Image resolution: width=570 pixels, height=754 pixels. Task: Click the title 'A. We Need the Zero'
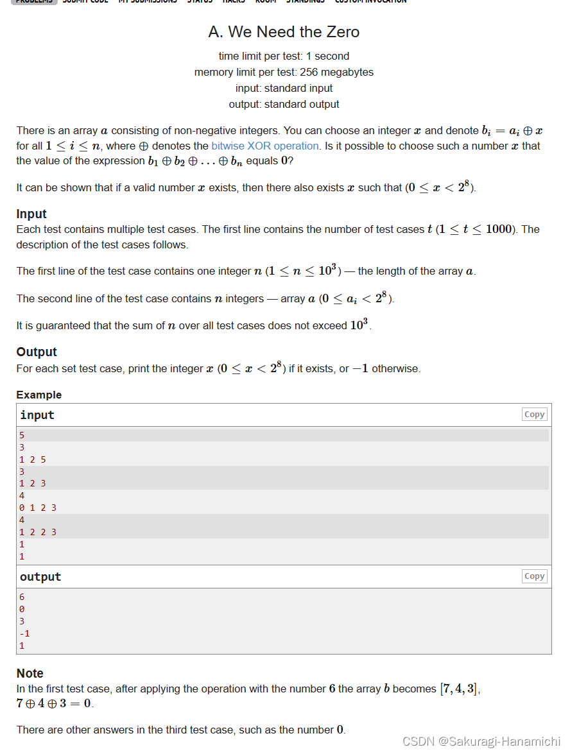[x=284, y=32]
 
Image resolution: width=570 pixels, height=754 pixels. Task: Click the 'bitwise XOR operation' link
[x=264, y=146]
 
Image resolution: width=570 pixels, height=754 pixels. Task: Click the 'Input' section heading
[x=31, y=214]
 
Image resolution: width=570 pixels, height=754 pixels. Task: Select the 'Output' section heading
[x=37, y=352]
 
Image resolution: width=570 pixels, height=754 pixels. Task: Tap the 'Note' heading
[x=30, y=673]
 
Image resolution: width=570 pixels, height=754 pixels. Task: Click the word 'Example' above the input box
[x=39, y=395]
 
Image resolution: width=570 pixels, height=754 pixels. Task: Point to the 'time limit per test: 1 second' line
[x=284, y=56]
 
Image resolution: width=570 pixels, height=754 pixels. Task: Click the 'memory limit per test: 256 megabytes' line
[x=284, y=73]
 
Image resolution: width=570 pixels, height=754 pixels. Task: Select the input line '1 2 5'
[x=33, y=459]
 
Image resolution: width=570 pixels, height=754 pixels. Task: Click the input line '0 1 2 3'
[x=38, y=508]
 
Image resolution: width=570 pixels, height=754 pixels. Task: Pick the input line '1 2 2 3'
[x=38, y=532]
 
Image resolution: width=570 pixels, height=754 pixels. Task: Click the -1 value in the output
[x=24, y=633]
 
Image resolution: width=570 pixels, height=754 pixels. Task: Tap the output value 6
[x=22, y=597]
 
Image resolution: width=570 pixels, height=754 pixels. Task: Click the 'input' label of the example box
[x=37, y=415]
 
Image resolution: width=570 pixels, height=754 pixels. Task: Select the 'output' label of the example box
[x=40, y=577]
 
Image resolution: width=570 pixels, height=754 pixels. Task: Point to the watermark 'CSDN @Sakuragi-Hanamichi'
[x=481, y=742]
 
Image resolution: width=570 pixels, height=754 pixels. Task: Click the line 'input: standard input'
[x=284, y=89]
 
